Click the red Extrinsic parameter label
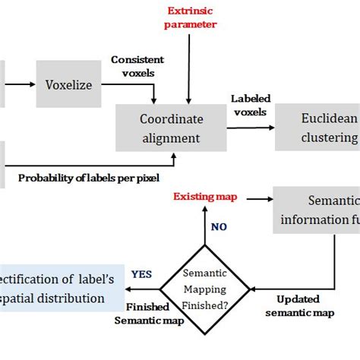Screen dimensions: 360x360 click(x=191, y=17)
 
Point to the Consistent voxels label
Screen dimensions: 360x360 click(x=138, y=66)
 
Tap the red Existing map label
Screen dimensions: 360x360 click(x=205, y=197)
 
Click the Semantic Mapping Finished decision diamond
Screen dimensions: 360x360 click(x=204, y=288)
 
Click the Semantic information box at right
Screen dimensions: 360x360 click(x=320, y=210)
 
